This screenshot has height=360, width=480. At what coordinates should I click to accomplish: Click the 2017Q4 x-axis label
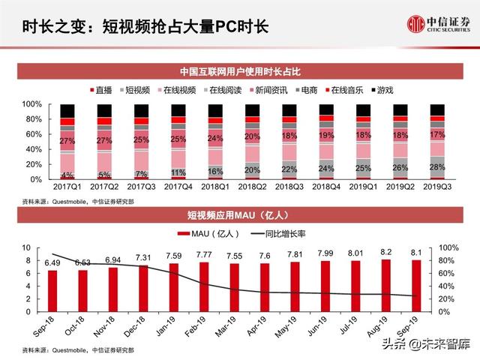(178, 186)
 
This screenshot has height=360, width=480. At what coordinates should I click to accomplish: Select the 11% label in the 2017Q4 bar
(178, 172)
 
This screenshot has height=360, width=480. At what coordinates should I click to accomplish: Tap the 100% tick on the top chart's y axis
(31, 104)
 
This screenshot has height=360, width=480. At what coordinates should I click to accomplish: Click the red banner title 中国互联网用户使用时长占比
(239, 72)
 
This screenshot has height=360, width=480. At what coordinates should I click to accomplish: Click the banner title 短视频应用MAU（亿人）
(239, 217)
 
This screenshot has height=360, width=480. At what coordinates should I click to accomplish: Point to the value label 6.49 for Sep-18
(52, 263)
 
